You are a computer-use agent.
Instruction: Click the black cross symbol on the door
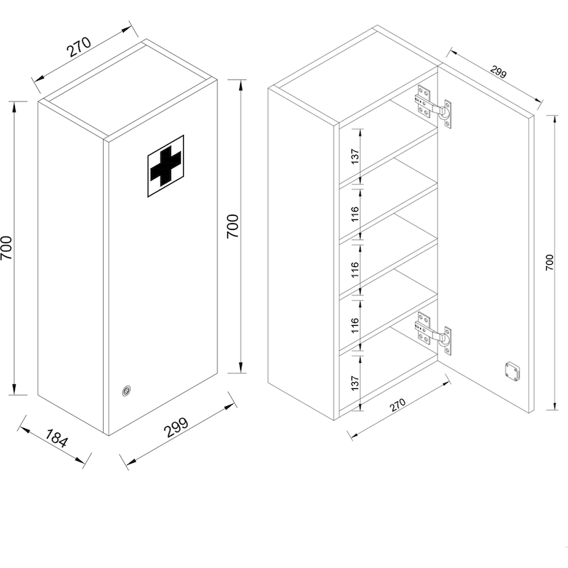[165, 166]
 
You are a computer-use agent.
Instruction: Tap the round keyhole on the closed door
[126, 390]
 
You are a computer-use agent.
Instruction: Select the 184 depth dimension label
[57, 438]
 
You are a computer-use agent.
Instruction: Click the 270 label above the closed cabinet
[80, 47]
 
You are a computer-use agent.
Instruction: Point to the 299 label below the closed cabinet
[176, 427]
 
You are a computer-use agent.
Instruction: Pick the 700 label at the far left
[6, 248]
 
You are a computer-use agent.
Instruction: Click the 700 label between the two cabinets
[233, 226]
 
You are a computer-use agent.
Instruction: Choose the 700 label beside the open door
[550, 262]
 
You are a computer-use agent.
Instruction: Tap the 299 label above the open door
[498, 72]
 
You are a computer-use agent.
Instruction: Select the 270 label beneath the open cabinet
[398, 405]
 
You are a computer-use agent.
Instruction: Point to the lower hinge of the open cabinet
[434, 332]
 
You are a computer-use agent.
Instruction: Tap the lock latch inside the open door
[512, 371]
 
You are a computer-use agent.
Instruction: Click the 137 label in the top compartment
[355, 156]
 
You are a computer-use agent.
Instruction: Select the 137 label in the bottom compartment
[355, 383]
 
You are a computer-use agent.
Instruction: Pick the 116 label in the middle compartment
[355, 270]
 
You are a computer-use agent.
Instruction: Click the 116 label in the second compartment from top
[355, 214]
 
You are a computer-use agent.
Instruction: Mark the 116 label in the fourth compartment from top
[355, 325]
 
